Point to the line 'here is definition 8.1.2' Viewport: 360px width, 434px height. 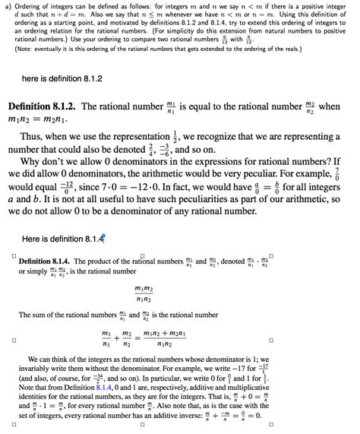(x=62, y=78)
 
